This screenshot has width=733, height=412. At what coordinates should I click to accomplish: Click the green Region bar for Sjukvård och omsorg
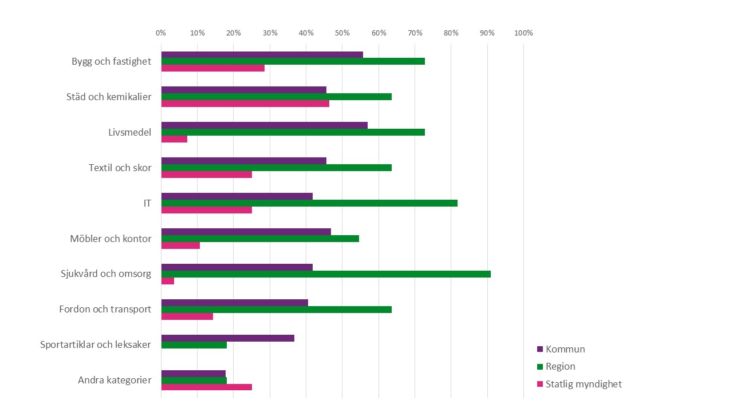[326, 274]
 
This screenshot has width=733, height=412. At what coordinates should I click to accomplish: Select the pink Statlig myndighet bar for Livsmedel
[174, 139]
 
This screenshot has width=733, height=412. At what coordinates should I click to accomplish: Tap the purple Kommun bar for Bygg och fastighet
[262, 54]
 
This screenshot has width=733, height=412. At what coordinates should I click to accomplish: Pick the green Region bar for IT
[309, 203]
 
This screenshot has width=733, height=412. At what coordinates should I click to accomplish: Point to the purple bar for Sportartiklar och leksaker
[227, 338]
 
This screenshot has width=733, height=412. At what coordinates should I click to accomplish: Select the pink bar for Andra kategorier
[206, 387]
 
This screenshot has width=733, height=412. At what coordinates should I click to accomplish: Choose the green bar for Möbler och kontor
[260, 239]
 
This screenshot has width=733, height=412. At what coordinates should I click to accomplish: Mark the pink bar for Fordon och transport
[187, 316]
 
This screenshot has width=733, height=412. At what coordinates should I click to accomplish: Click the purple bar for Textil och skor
[243, 161]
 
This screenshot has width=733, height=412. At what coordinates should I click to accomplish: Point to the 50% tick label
[342, 33]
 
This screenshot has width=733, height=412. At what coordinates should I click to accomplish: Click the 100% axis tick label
[523, 33]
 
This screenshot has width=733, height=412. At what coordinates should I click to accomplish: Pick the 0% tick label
[161, 33]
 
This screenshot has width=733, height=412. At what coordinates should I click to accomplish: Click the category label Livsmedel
[129, 132]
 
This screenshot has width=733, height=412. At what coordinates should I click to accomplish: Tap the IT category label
[147, 203]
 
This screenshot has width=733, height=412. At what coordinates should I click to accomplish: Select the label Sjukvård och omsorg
[106, 274]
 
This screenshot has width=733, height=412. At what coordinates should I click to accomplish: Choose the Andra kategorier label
[115, 380]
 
